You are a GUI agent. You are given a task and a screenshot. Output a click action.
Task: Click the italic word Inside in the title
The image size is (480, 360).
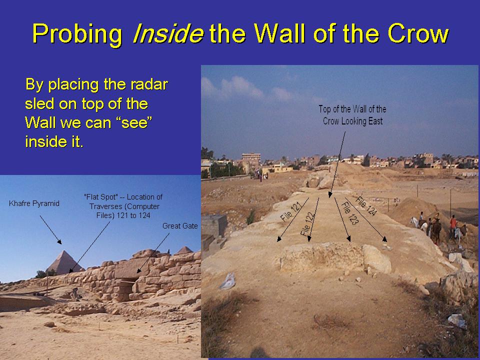(168, 33)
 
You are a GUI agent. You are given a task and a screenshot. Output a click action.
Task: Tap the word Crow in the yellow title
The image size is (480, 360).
(418, 33)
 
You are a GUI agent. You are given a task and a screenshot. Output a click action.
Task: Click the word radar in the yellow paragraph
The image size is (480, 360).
(149, 84)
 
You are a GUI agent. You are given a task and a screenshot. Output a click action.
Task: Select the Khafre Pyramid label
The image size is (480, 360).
(34, 203)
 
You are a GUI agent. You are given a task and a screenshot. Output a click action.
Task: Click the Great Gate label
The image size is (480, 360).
(180, 226)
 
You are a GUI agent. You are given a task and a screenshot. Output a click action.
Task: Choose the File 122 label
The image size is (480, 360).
(308, 224)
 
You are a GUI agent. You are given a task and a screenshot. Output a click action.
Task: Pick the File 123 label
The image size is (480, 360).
(349, 213)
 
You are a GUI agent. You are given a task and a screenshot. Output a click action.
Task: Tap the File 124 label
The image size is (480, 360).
(366, 206)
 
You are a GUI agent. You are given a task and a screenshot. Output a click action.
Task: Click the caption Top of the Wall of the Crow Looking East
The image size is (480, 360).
(352, 115)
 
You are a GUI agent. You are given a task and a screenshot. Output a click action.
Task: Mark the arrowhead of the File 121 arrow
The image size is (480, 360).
(279, 239)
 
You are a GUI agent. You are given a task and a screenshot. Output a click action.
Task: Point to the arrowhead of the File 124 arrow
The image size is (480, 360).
(385, 239)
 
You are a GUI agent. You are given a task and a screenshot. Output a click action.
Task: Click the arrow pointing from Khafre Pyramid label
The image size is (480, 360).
(50, 229)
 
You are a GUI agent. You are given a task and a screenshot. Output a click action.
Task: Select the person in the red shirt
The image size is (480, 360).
(453, 226)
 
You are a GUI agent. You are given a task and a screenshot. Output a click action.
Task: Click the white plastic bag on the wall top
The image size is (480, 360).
(228, 281)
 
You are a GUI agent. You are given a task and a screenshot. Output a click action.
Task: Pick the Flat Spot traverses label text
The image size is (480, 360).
(123, 206)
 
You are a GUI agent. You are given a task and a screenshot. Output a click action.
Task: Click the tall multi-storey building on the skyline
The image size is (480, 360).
(251, 158)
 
